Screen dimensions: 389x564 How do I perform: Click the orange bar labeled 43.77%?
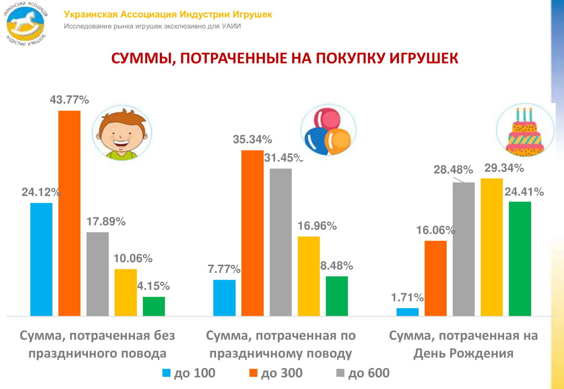pos(70,213)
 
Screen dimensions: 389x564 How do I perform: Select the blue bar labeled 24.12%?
pos(41,259)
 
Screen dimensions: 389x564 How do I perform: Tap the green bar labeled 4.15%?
pos(154,306)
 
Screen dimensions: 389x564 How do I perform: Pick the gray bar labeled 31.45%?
pos(280,242)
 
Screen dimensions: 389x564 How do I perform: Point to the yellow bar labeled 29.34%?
pos(492,247)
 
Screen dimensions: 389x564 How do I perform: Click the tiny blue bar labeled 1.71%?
pos(408,312)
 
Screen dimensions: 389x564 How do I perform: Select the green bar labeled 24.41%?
pos(520,259)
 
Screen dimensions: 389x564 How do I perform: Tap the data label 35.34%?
pos(252,139)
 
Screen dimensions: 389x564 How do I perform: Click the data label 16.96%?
pos(317,226)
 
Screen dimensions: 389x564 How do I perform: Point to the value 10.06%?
pos(133,258)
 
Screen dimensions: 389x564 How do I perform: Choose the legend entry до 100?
pos(189,373)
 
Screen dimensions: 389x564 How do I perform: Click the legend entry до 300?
pos(276,373)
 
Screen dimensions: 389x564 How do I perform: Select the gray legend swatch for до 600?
pos(340,373)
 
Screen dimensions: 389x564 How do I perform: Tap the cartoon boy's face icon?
pos(121,133)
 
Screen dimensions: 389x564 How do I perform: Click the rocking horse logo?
pos(26,23)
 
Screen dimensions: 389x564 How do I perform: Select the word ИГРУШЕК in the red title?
pos(423,58)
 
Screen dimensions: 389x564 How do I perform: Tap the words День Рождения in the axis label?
pos(463,353)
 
